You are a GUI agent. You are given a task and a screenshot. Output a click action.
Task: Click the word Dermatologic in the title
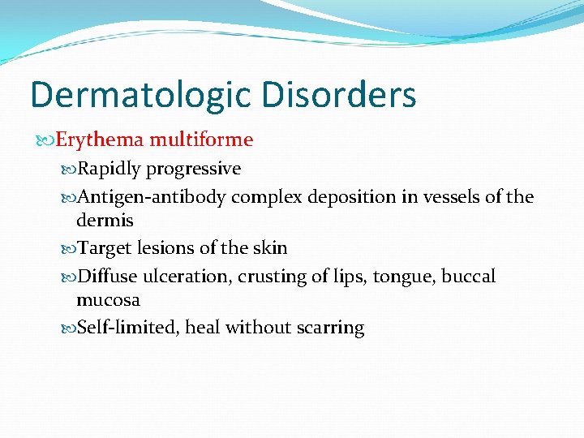click(140, 95)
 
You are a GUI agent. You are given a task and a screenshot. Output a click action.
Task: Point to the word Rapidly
click(109, 169)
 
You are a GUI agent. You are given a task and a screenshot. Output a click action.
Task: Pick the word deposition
click(359, 196)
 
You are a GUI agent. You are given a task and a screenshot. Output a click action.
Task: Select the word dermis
click(105, 220)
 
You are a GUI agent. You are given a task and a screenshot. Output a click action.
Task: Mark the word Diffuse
click(106, 276)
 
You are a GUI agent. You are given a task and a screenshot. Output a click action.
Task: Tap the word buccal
click(468, 276)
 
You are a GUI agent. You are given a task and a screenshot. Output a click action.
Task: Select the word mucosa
click(108, 300)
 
